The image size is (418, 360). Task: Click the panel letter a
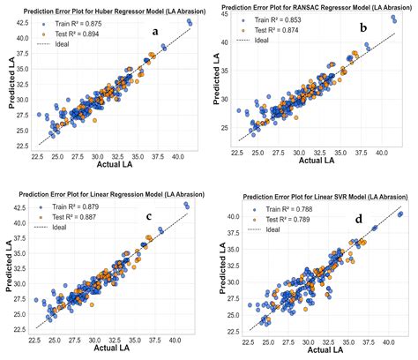click(x=156, y=32)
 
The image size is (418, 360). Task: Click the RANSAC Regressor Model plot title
click(x=316, y=6)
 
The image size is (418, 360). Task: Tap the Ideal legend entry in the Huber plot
click(x=59, y=41)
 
